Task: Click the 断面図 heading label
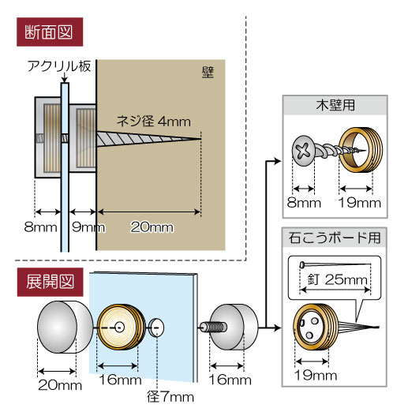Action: (x=50, y=32)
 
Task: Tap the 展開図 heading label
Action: (x=50, y=282)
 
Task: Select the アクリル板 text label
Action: (x=59, y=66)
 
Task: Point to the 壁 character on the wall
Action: (x=208, y=73)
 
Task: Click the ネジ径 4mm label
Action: (x=153, y=122)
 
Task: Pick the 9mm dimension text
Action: (x=88, y=227)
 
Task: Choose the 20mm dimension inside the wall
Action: (x=152, y=226)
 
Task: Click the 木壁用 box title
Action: (x=335, y=105)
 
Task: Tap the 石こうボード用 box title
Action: (x=335, y=238)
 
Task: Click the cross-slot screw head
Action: (x=303, y=151)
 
